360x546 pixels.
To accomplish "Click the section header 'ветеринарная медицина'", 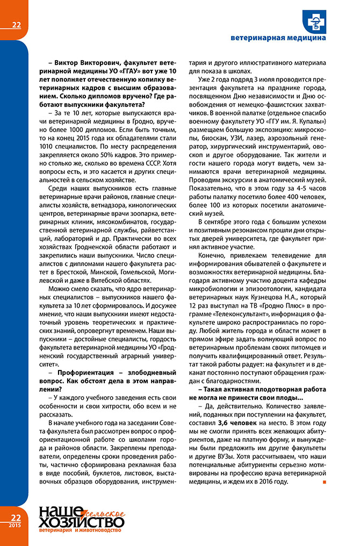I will [x=278, y=38].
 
